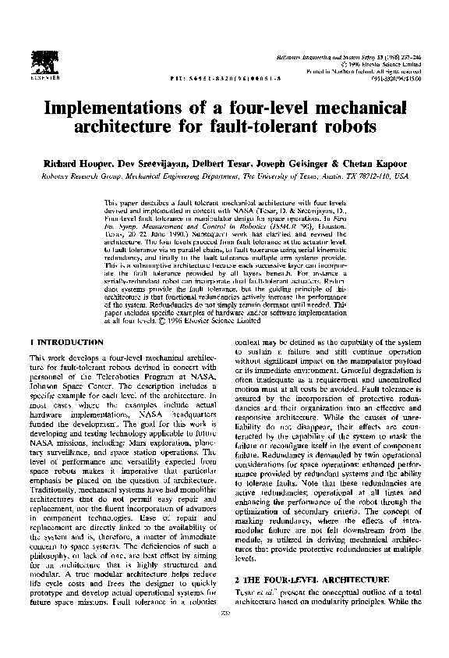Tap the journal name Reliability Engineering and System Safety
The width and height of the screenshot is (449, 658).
coord(338,58)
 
